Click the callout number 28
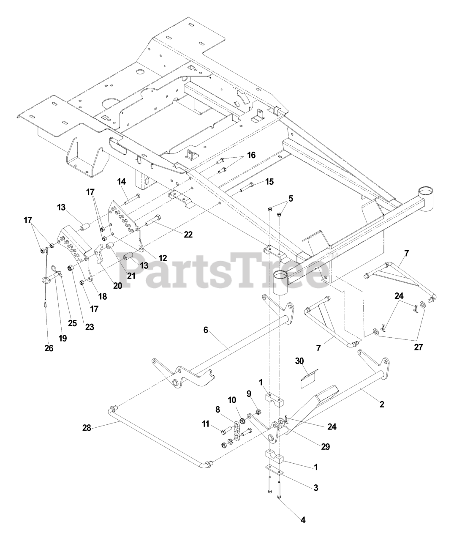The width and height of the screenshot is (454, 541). (x=86, y=429)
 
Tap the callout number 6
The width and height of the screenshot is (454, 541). (x=206, y=330)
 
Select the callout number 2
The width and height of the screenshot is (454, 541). (x=382, y=404)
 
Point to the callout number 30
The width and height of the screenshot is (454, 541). (x=299, y=361)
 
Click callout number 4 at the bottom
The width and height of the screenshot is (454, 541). (x=303, y=520)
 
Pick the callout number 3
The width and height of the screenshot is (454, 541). (x=316, y=488)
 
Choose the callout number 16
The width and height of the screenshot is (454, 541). (x=251, y=155)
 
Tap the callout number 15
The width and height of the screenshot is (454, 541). (x=269, y=182)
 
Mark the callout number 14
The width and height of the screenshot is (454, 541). (x=122, y=182)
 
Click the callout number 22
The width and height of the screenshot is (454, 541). (x=188, y=234)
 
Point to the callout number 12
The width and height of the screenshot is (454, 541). (x=163, y=257)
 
